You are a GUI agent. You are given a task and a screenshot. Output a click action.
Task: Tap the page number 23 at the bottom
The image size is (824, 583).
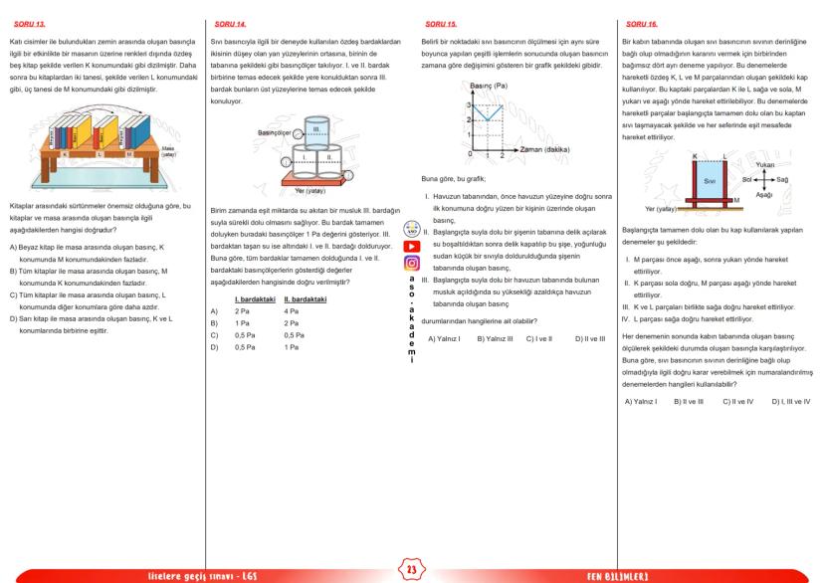412,569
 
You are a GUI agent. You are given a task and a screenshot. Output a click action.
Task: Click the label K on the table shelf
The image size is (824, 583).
65,154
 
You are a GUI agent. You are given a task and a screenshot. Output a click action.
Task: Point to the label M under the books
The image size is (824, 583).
131,154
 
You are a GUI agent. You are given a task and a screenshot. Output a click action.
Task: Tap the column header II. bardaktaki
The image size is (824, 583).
302,298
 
